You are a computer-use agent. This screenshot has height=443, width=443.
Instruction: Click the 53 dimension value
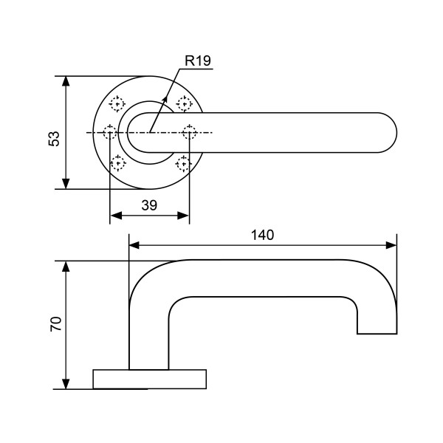(x=54, y=138)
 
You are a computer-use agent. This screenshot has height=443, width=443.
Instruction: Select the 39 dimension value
(x=149, y=206)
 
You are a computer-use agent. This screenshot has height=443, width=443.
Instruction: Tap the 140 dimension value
(x=262, y=235)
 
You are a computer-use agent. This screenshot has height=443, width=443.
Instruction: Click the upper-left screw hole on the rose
(x=117, y=104)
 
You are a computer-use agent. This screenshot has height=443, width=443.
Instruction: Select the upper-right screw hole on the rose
(x=183, y=104)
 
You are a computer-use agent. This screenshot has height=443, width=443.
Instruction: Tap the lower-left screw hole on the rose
(x=117, y=162)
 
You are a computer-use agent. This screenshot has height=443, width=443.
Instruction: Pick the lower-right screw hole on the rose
(x=183, y=162)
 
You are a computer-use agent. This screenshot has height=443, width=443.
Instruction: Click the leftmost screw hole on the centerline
(x=110, y=133)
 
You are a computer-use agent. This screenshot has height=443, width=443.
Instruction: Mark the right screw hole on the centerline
(x=190, y=133)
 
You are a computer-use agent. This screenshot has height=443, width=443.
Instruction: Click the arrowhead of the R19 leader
(x=165, y=96)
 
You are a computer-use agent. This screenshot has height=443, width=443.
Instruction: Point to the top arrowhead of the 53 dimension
(x=66, y=80)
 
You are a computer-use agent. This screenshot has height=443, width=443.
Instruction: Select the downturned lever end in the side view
(x=377, y=317)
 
